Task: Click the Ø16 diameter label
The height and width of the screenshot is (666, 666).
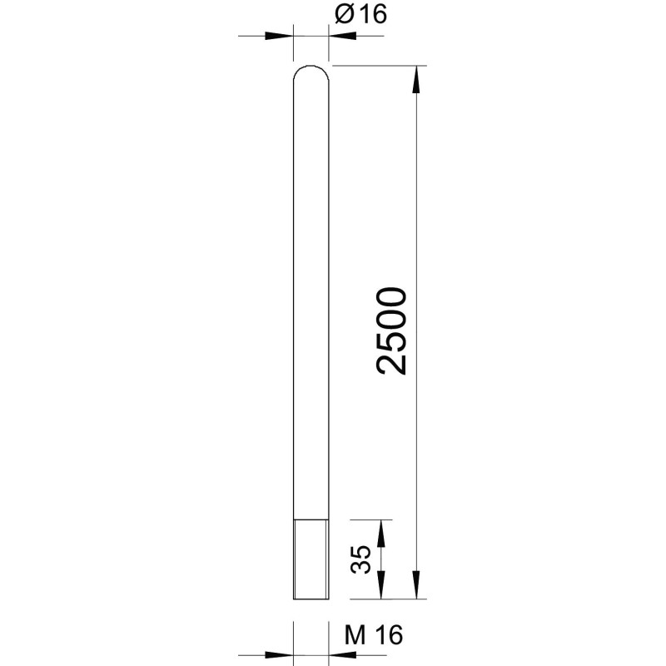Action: (x=360, y=14)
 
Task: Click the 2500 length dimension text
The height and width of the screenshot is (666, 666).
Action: (x=391, y=331)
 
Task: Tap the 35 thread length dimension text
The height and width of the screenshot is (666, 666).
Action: (x=360, y=559)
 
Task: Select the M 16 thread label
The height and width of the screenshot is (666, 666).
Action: (x=373, y=635)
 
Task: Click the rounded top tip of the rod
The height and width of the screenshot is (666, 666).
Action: (x=311, y=67)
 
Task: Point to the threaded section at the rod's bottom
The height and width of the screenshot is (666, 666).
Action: (x=311, y=559)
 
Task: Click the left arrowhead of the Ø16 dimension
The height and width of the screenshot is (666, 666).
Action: (x=279, y=36)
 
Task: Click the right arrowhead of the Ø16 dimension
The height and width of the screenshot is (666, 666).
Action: (x=342, y=36)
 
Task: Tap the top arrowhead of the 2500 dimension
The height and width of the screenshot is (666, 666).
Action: (x=416, y=79)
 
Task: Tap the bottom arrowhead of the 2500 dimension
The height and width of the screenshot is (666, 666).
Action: (x=416, y=585)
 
